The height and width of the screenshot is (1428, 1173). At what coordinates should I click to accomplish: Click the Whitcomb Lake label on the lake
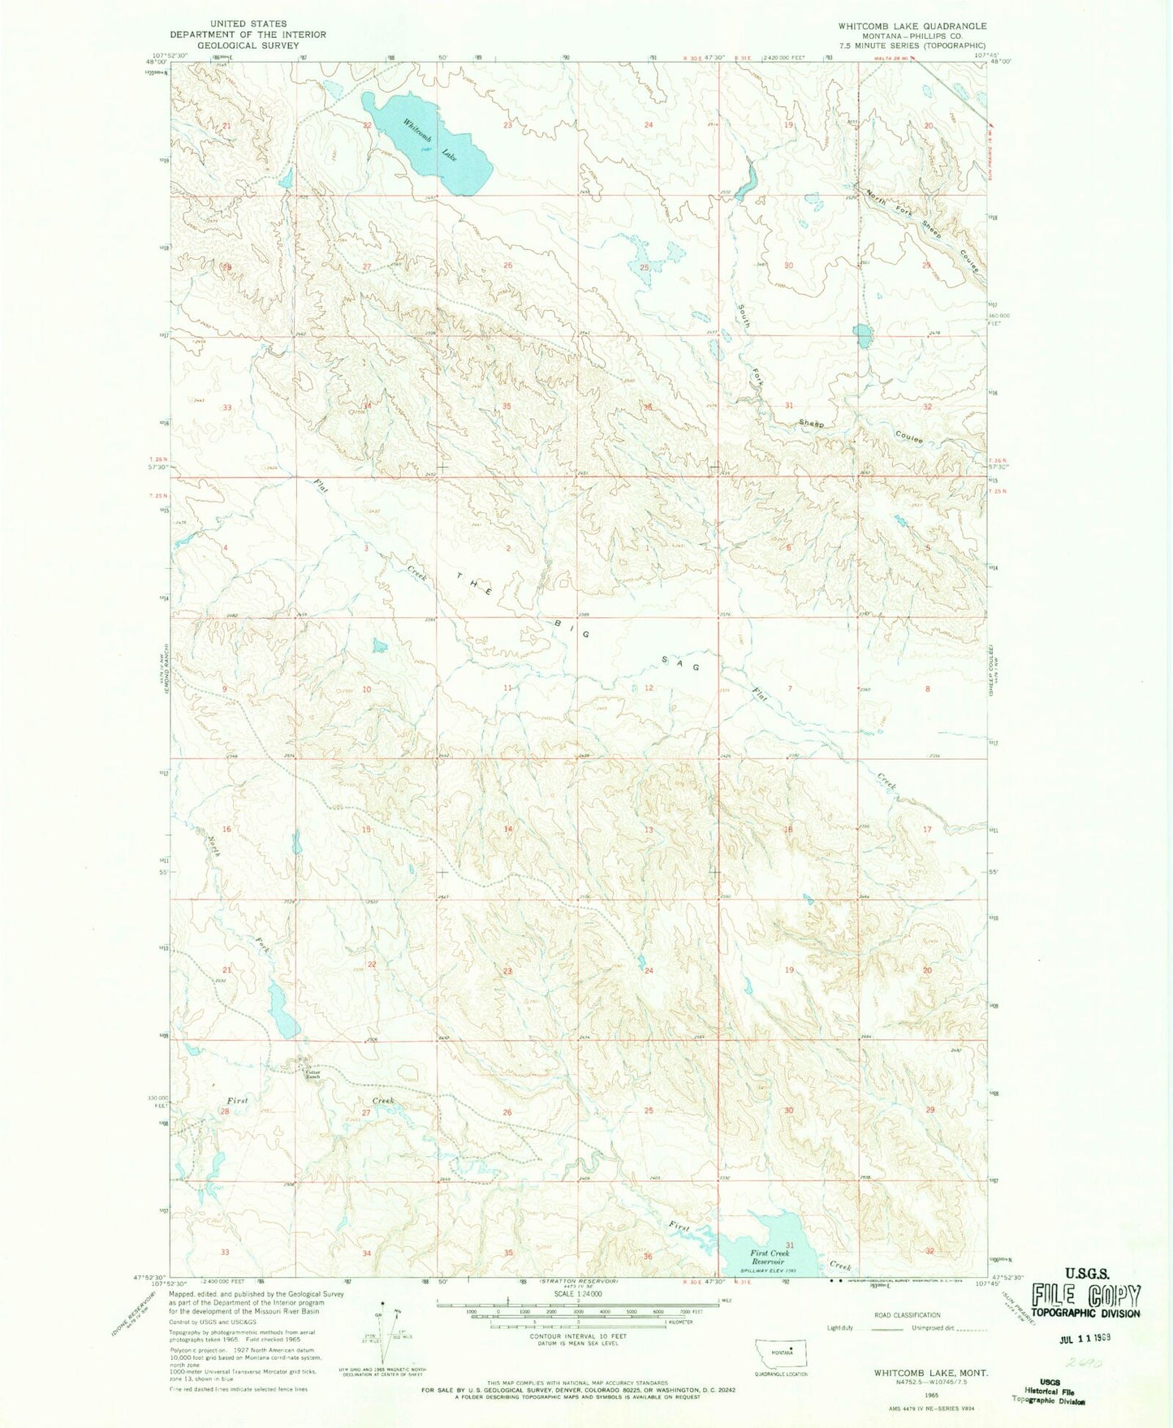point(429,140)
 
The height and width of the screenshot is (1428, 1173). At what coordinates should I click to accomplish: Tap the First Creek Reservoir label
point(770,1258)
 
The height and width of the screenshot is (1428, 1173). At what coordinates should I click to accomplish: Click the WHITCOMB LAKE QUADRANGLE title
point(912,26)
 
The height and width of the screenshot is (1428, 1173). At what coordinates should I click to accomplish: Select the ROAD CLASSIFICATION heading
point(907,1314)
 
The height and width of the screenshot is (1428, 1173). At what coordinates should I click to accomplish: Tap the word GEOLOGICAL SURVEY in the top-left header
point(248,45)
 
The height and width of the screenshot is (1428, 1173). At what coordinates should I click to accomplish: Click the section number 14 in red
point(508,829)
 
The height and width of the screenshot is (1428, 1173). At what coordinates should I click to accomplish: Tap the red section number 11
point(507,688)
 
